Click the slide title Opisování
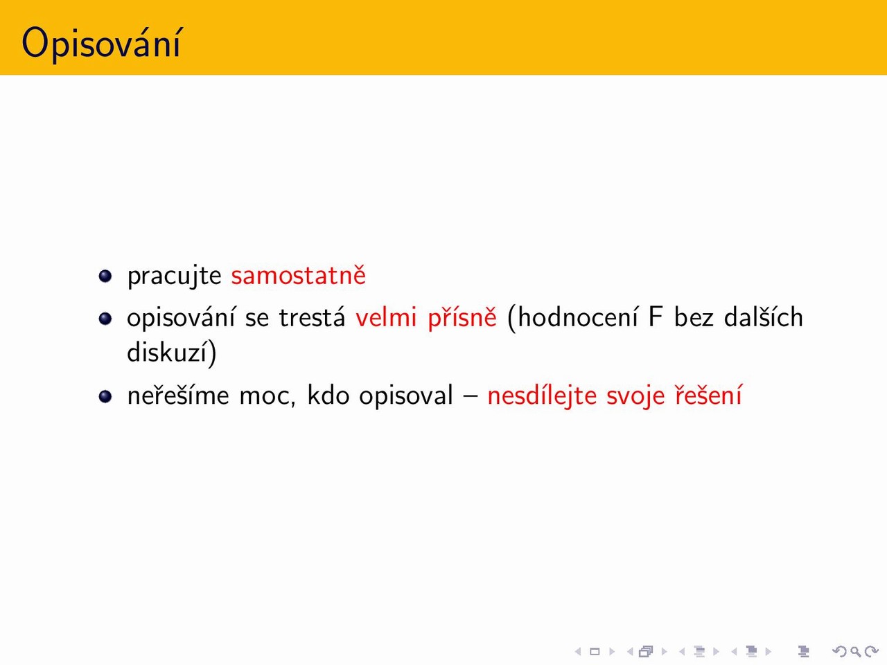click(101, 44)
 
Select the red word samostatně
click(298, 276)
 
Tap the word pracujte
click(174, 277)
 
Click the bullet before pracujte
click(105, 276)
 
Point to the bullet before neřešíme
click(105, 396)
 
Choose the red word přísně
click(462, 318)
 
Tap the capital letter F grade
click(656, 317)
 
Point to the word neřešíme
click(178, 395)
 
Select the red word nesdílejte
click(542, 396)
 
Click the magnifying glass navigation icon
click(855, 651)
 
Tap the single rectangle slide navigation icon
click(595, 651)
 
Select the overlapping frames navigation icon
click(646, 651)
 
